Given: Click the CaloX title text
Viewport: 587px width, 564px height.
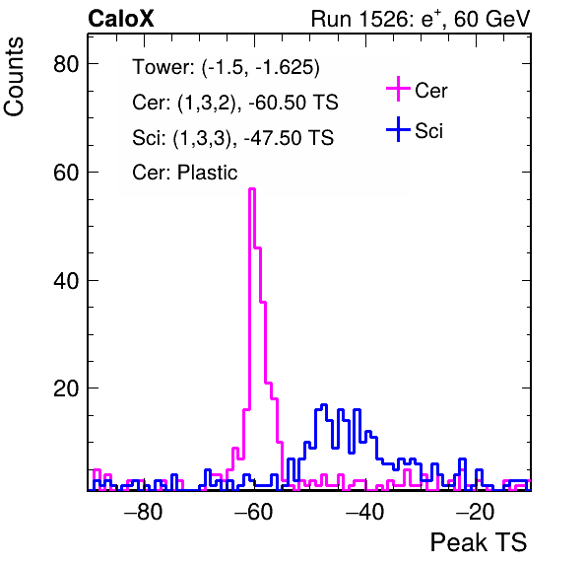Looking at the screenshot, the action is pyautogui.click(x=121, y=19).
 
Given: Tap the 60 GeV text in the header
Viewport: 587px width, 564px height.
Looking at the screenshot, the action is pyautogui.click(x=491, y=19).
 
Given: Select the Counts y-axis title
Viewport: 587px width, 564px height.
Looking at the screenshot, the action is pyautogui.click(x=14, y=77).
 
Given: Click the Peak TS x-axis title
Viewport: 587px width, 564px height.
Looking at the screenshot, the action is pyautogui.click(x=479, y=542).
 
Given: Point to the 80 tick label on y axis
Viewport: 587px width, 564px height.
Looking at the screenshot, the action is pyautogui.click(x=66, y=64).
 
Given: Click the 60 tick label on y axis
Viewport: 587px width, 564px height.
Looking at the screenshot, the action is pyautogui.click(x=66, y=173).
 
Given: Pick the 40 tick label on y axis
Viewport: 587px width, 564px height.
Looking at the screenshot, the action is pyautogui.click(x=66, y=281).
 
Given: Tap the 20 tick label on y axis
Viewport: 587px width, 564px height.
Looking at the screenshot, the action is pyautogui.click(x=66, y=388).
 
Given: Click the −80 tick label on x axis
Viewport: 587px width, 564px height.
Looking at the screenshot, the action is pyautogui.click(x=144, y=512).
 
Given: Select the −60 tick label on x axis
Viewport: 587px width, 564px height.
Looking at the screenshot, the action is pyautogui.click(x=254, y=512).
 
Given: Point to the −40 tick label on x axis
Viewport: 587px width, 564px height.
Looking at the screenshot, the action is pyautogui.click(x=364, y=512).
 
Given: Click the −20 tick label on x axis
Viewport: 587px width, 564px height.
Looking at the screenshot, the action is pyautogui.click(x=476, y=512).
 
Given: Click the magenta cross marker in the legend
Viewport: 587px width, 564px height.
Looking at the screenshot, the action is pyautogui.click(x=398, y=89).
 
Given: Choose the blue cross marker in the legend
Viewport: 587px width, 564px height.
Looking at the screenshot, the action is pyautogui.click(x=398, y=130).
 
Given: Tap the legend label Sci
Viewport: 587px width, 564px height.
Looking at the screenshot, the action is pyautogui.click(x=429, y=131).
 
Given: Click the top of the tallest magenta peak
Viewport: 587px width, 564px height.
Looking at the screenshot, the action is pyautogui.click(x=252, y=189).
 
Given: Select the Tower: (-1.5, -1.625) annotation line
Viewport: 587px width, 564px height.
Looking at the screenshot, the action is pyautogui.click(x=227, y=68).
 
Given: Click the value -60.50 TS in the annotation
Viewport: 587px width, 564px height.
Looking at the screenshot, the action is pyautogui.click(x=293, y=103).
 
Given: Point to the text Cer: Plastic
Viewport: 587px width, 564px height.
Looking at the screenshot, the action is pyautogui.click(x=185, y=174).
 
